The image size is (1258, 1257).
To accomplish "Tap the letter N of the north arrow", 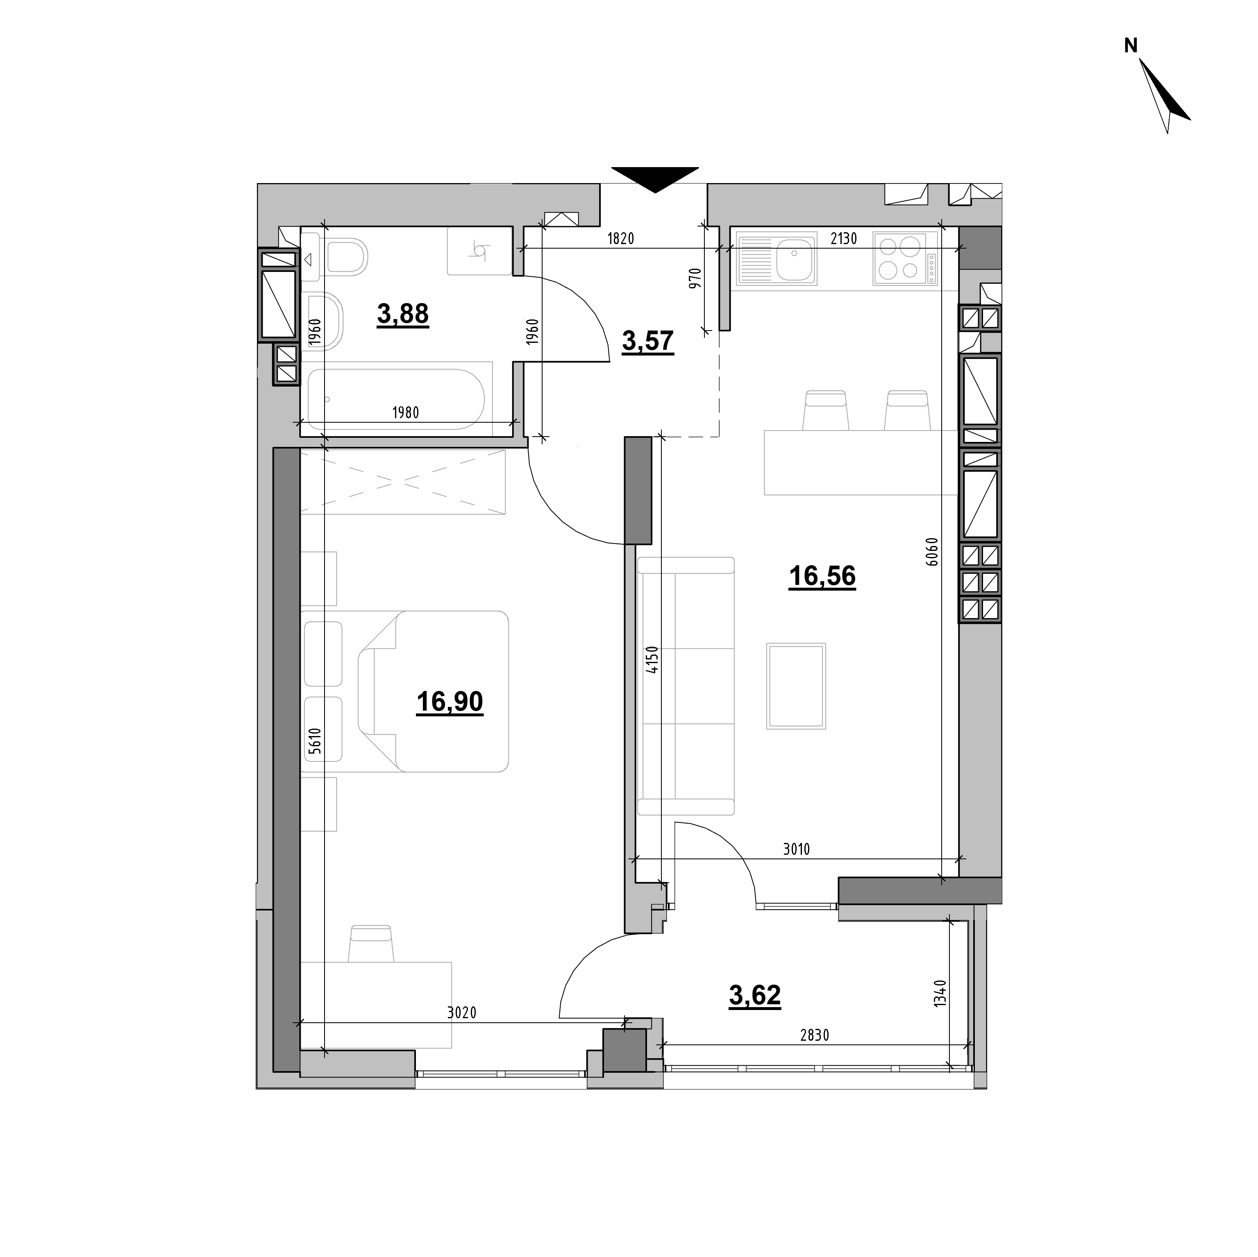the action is pyautogui.click(x=1131, y=45).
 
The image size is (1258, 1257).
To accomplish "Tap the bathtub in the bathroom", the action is pyautogui.click(x=396, y=399).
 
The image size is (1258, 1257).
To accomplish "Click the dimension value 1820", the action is pyautogui.click(x=620, y=238).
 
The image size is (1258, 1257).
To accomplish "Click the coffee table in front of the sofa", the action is pyautogui.click(x=796, y=686).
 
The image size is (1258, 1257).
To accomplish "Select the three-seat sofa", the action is pyautogui.click(x=686, y=686).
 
